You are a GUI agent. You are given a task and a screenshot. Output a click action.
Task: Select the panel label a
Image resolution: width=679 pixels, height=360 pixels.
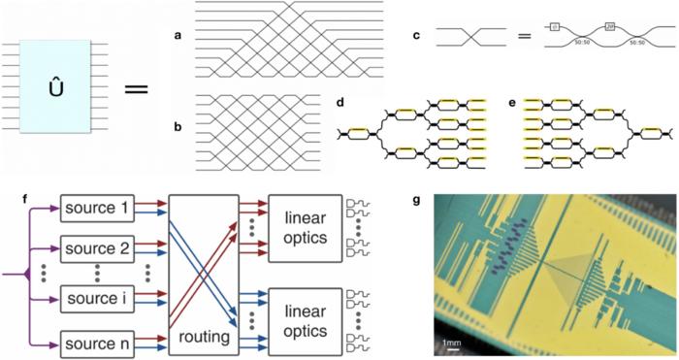pyautogui.click(x=178, y=37)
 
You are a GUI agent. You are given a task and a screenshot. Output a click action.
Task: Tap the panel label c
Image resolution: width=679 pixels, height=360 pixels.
pyautogui.click(x=416, y=36)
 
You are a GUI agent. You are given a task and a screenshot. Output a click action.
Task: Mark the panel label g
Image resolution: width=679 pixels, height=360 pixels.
pyautogui.click(x=416, y=201)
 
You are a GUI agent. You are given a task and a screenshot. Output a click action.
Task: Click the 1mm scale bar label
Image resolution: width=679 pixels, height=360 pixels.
pyautogui.click(x=453, y=343)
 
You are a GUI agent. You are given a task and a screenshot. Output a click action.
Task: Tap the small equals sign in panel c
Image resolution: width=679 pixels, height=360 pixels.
pyautogui.click(x=525, y=40)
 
